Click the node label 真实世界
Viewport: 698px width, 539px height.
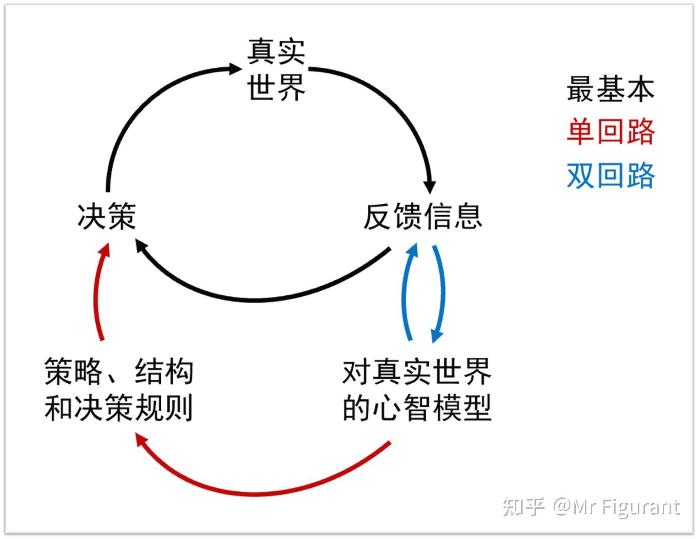tap(276, 69)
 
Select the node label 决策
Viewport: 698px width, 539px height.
tap(107, 216)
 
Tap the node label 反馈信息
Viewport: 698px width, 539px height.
tap(423, 216)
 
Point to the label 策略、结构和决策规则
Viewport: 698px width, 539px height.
tap(119, 389)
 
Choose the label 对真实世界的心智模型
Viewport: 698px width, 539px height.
tap(417, 389)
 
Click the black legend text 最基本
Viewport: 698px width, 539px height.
tap(611, 89)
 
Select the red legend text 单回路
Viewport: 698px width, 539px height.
tap(611, 132)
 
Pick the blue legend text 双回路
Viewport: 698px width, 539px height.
tap(611, 175)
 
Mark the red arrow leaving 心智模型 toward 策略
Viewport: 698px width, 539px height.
tap(266, 492)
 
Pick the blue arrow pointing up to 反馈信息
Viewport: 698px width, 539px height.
tap(404, 293)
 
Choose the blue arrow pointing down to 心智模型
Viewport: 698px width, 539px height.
tap(442, 293)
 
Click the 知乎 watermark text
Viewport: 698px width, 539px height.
tap(523, 507)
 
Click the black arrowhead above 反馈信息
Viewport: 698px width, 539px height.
tap(430, 187)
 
